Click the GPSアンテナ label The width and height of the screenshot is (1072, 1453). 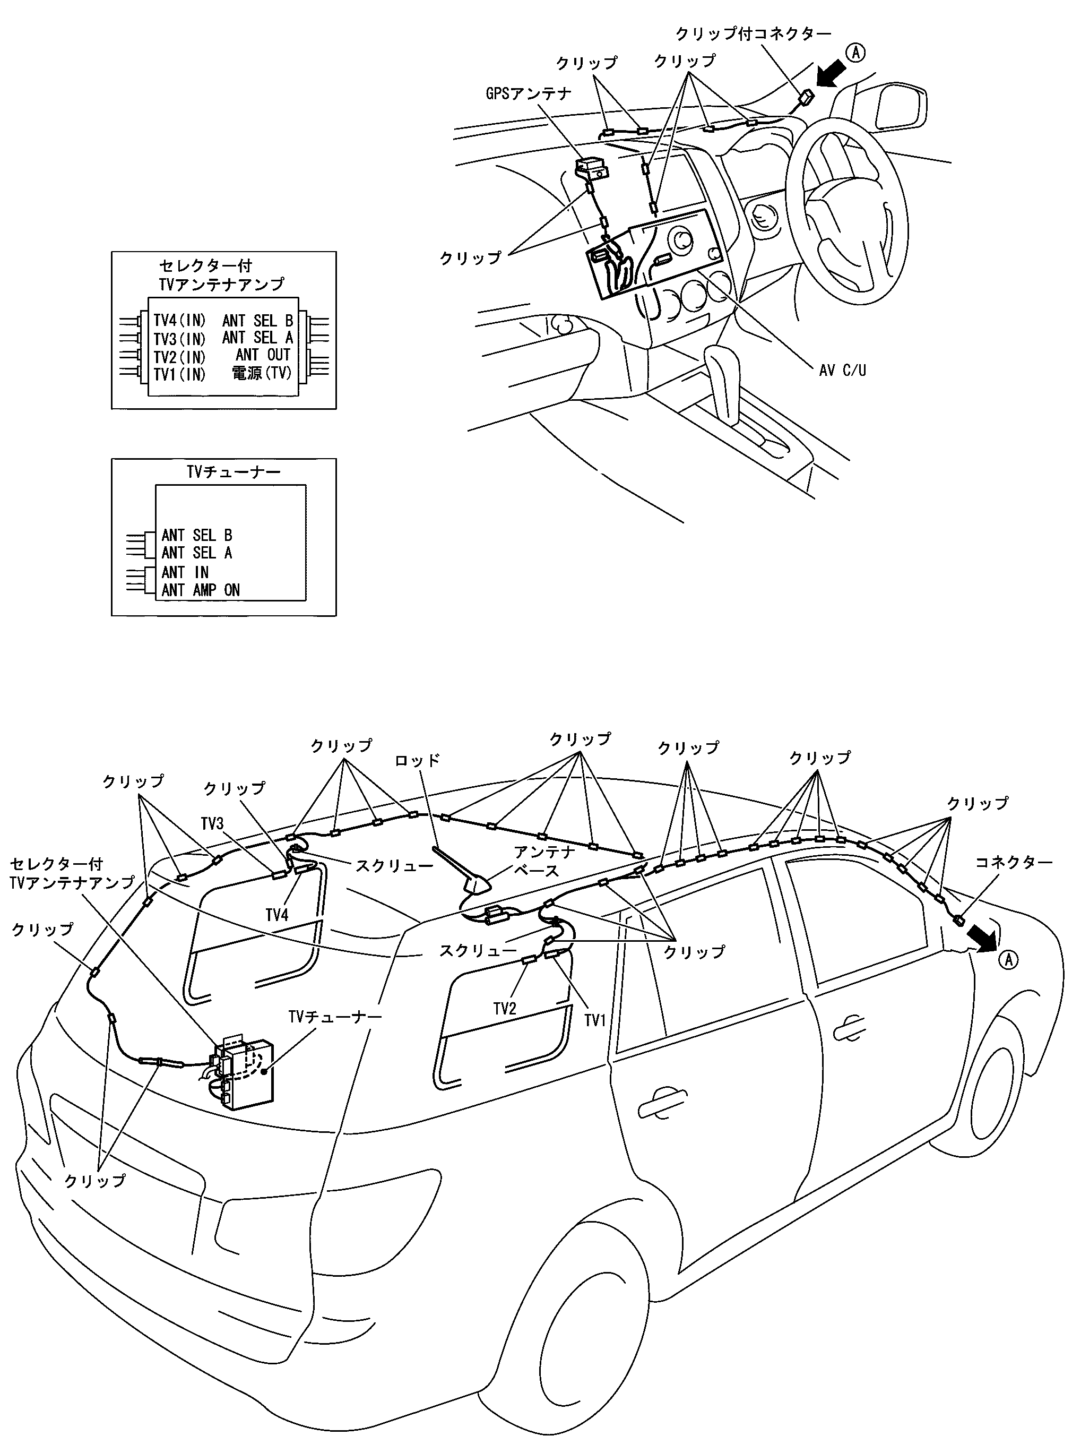point(528,94)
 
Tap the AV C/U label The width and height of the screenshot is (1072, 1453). point(842,371)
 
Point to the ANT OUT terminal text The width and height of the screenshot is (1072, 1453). point(263,355)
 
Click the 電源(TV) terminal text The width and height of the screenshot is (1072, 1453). point(262,373)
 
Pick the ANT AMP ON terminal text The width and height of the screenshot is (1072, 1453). point(201,590)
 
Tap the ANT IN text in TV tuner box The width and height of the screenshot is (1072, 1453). point(185,572)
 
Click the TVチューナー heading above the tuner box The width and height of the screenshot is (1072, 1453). point(234,472)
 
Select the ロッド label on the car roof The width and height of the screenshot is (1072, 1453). point(417,759)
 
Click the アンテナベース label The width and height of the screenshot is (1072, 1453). point(544,861)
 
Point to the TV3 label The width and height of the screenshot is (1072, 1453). point(212,823)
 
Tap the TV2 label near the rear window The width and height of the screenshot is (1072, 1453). point(504,1008)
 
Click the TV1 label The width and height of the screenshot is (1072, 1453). point(594,1020)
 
